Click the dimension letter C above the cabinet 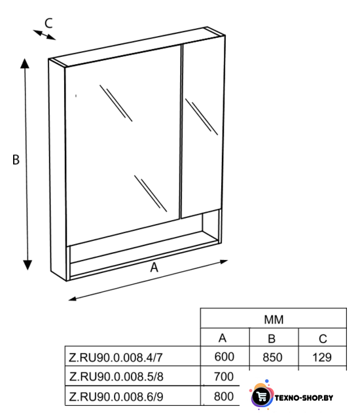tap(48, 24)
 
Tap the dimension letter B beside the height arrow tap(16, 160)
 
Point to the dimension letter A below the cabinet tap(154, 267)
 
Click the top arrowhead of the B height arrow tap(25, 64)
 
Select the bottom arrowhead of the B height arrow tap(27, 265)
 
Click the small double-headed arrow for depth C tap(45, 35)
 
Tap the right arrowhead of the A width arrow tap(224, 262)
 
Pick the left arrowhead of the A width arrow tap(73, 299)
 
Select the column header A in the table tap(223, 338)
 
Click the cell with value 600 tap(225, 357)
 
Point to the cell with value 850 tap(272, 357)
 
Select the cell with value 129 tap(322, 357)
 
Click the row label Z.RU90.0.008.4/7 tap(116, 357)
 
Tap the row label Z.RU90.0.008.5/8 tap(116, 377)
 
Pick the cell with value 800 tap(224, 397)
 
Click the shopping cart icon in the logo tap(262, 397)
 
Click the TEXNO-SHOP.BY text tap(304, 398)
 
